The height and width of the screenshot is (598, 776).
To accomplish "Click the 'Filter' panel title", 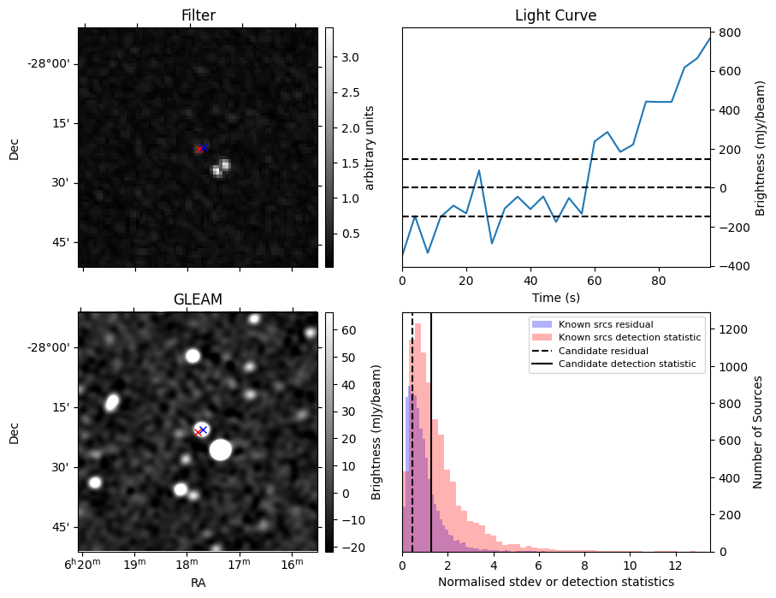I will coord(198,15).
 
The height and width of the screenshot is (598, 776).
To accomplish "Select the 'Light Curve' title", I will coord(555,15).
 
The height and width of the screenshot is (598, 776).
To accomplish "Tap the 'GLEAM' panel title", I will coord(198,299).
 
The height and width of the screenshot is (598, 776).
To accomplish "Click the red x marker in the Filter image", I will coord(198,149).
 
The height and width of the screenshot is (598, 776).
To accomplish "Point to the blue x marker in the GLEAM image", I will coord(203,429).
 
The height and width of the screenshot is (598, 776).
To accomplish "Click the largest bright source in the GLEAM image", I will coord(221,449).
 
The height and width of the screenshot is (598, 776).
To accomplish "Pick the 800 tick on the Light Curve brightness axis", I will coord(731,33).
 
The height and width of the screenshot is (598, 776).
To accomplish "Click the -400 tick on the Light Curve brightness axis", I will coord(732,266).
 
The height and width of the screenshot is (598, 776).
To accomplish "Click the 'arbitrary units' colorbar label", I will coord(370,147).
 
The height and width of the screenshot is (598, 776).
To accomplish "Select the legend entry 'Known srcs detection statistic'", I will coord(629,338).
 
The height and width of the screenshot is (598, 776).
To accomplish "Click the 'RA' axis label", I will coord(198,582).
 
